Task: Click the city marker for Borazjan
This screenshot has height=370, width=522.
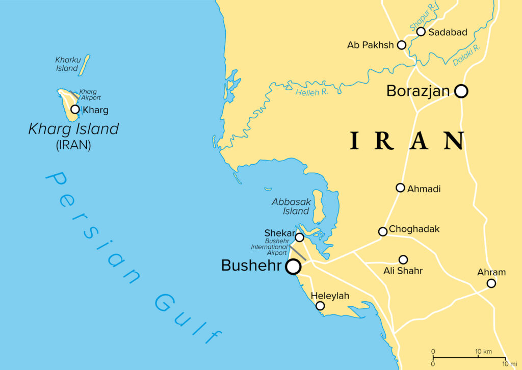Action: pos(461,91)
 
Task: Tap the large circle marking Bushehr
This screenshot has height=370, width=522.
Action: pos(293,267)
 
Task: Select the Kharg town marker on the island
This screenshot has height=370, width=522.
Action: pos(75,109)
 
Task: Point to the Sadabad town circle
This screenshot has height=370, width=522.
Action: pos(421,32)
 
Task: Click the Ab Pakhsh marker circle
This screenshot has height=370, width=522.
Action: pos(402,45)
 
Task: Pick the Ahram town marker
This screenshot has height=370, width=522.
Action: pos(491,283)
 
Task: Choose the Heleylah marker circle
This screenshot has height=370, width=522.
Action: pos(320,306)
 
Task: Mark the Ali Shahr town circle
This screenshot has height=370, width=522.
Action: pos(403,259)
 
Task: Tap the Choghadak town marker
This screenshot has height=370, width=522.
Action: pos(383,231)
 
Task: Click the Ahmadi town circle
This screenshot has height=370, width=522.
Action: pos(401,188)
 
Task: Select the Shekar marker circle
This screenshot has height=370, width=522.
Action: pos(300,237)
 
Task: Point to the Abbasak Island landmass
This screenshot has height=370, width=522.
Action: pos(318,207)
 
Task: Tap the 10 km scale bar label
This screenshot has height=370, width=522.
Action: pos(483,352)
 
